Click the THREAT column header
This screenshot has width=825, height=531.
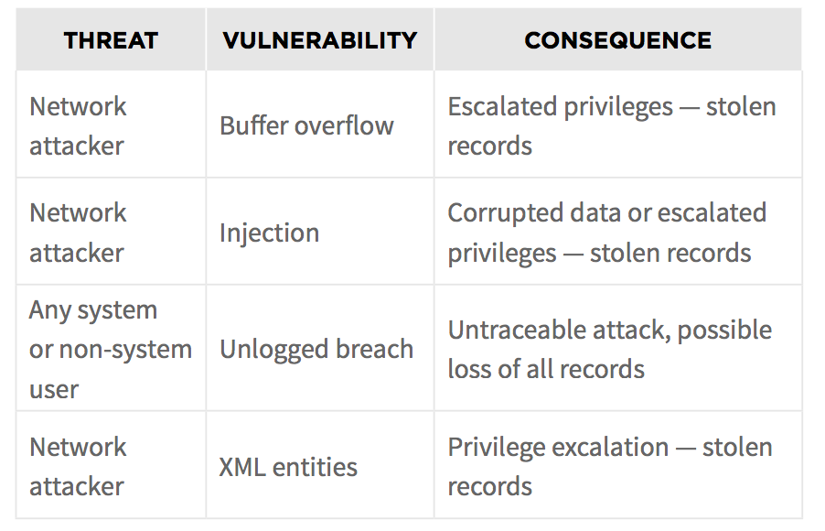tap(111, 40)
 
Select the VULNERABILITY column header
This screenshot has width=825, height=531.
tap(320, 40)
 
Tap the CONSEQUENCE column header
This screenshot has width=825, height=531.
tap(617, 40)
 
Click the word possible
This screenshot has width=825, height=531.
tap(724, 331)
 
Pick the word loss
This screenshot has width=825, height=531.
tap(470, 369)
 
